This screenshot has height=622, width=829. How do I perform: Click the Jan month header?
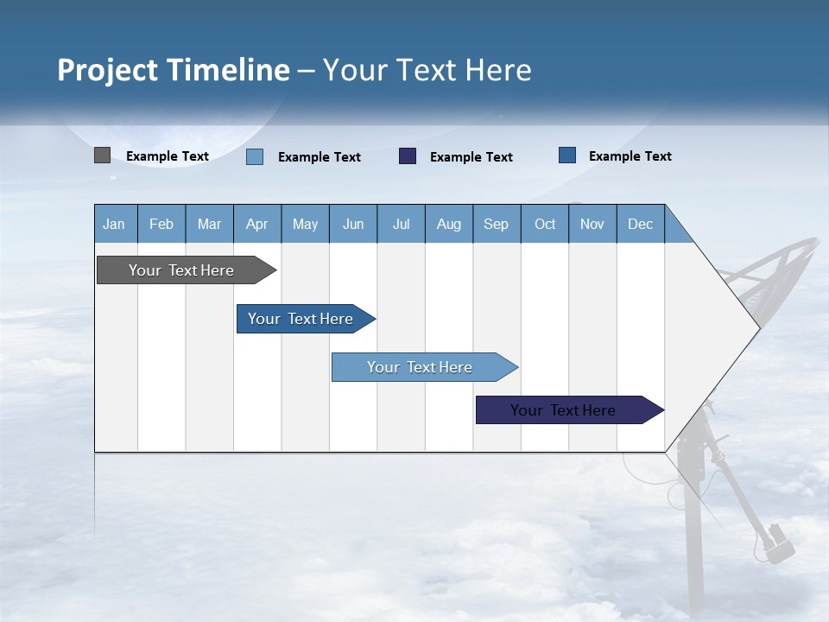(x=115, y=224)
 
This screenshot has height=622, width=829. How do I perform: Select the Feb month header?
(x=161, y=224)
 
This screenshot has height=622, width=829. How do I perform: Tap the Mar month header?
(x=209, y=224)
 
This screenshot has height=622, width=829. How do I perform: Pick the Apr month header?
(x=257, y=224)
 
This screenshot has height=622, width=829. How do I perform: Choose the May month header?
(x=305, y=224)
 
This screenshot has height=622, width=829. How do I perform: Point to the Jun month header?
(x=353, y=224)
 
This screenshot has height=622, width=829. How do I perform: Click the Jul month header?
(x=401, y=224)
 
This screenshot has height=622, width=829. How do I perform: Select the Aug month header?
(x=449, y=224)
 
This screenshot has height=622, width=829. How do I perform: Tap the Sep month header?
(x=497, y=224)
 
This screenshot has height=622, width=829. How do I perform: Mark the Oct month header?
(x=545, y=224)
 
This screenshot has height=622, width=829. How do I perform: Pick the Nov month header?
(x=592, y=224)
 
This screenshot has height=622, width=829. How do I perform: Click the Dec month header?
(x=641, y=224)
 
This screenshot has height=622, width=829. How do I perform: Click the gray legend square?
(x=102, y=155)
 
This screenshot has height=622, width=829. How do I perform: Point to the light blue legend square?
(x=255, y=156)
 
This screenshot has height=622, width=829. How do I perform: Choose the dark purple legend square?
(x=408, y=156)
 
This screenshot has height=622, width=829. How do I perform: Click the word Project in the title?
(x=108, y=70)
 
